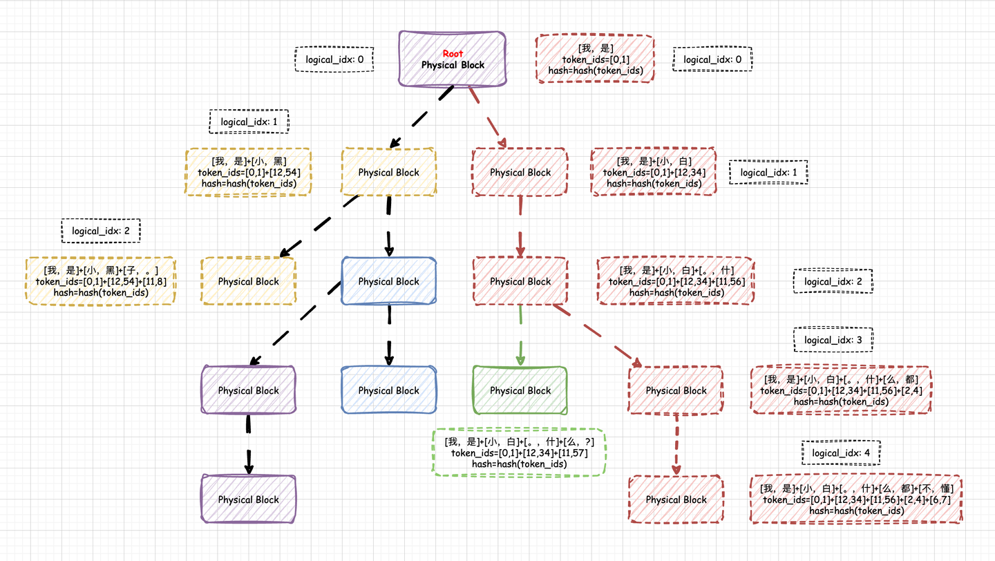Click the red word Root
coord(453,53)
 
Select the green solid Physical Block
coord(520,390)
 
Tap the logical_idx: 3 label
coord(833,340)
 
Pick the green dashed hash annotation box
coord(519,453)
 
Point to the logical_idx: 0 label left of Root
coord(334,59)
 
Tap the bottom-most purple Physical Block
coord(248,499)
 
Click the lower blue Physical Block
coord(389,390)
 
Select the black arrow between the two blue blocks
coord(389,335)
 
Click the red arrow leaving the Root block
coord(488,117)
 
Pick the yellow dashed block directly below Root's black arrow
coord(388,173)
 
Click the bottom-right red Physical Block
coord(676,499)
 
